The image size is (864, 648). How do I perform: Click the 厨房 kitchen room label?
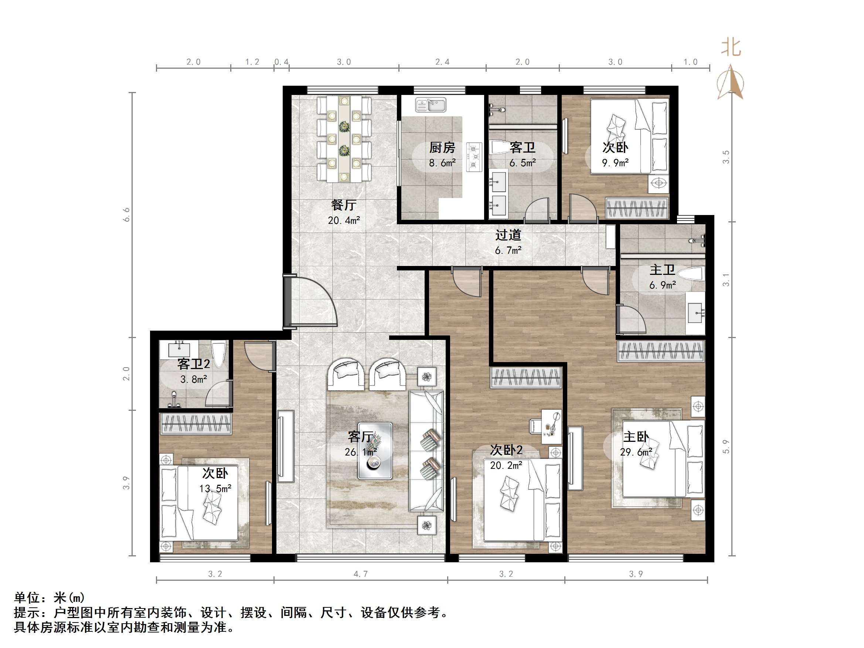[442, 148]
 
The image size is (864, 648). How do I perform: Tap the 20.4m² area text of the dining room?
[344, 221]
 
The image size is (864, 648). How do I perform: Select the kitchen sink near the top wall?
[431, 105]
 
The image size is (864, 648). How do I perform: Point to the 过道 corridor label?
[508, 235]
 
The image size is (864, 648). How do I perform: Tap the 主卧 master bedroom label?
[636, 437]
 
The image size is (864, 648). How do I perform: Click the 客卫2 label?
[194, 364]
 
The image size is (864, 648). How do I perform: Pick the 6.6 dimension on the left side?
[126, 215]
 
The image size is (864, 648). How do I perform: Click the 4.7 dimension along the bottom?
[361, 574]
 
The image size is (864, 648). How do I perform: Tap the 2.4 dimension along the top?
[442, 62]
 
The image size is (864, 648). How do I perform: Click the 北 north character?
[731, 48]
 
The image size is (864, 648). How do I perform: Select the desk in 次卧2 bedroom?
[551, 426]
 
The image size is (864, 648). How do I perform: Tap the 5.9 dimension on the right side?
[726, 446]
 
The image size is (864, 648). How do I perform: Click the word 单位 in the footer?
[27, 598]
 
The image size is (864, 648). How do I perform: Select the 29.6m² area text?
[636, 452]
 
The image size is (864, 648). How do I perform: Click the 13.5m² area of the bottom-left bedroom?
[215, 489]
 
